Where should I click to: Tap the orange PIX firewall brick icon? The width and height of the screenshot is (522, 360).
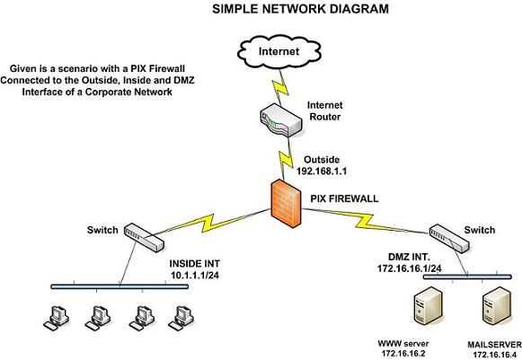(x=286, y=199)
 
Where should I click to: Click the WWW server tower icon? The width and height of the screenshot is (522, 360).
(x=427, y=309)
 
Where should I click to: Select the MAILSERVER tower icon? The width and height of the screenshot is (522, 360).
(x=493, y=309)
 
